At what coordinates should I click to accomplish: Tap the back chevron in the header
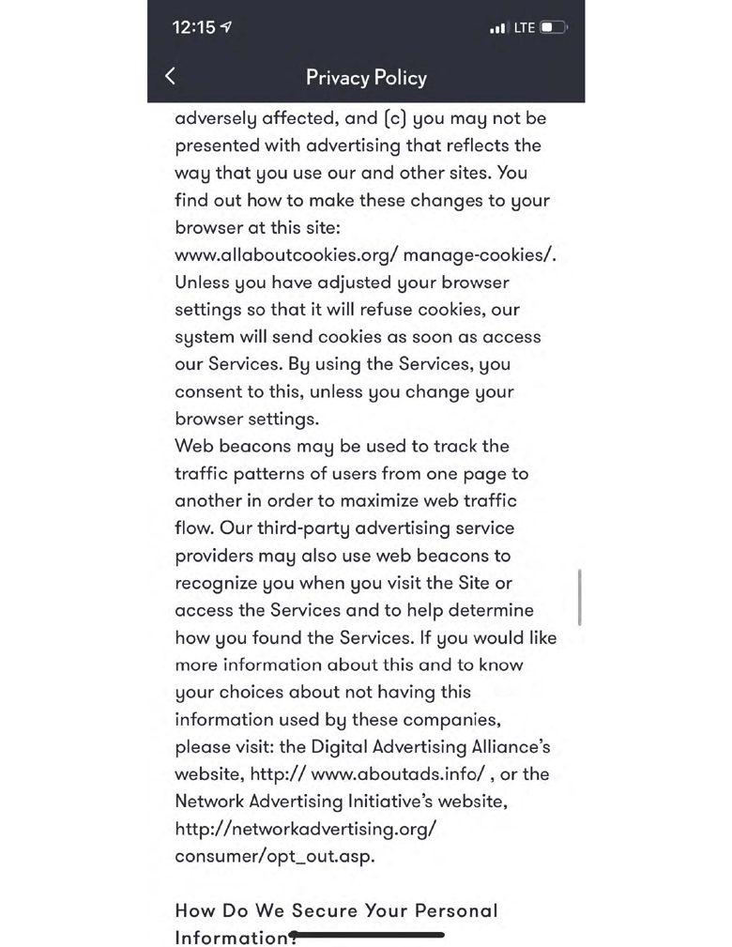tap(170, 76)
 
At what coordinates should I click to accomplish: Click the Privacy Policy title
tap(366, 77)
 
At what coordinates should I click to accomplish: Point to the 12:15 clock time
tap(194, 27)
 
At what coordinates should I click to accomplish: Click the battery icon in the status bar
tap(553, 27)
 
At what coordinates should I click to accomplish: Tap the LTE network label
tap(524, 27)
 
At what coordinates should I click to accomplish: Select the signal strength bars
tap(498, 28)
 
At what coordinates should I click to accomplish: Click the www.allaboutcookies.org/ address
tap(285, 254)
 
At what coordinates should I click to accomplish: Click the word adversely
tap(218, 118)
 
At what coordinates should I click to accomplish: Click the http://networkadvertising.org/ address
tap(306, 829)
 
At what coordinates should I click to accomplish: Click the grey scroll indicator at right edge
tap(580, 596)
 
